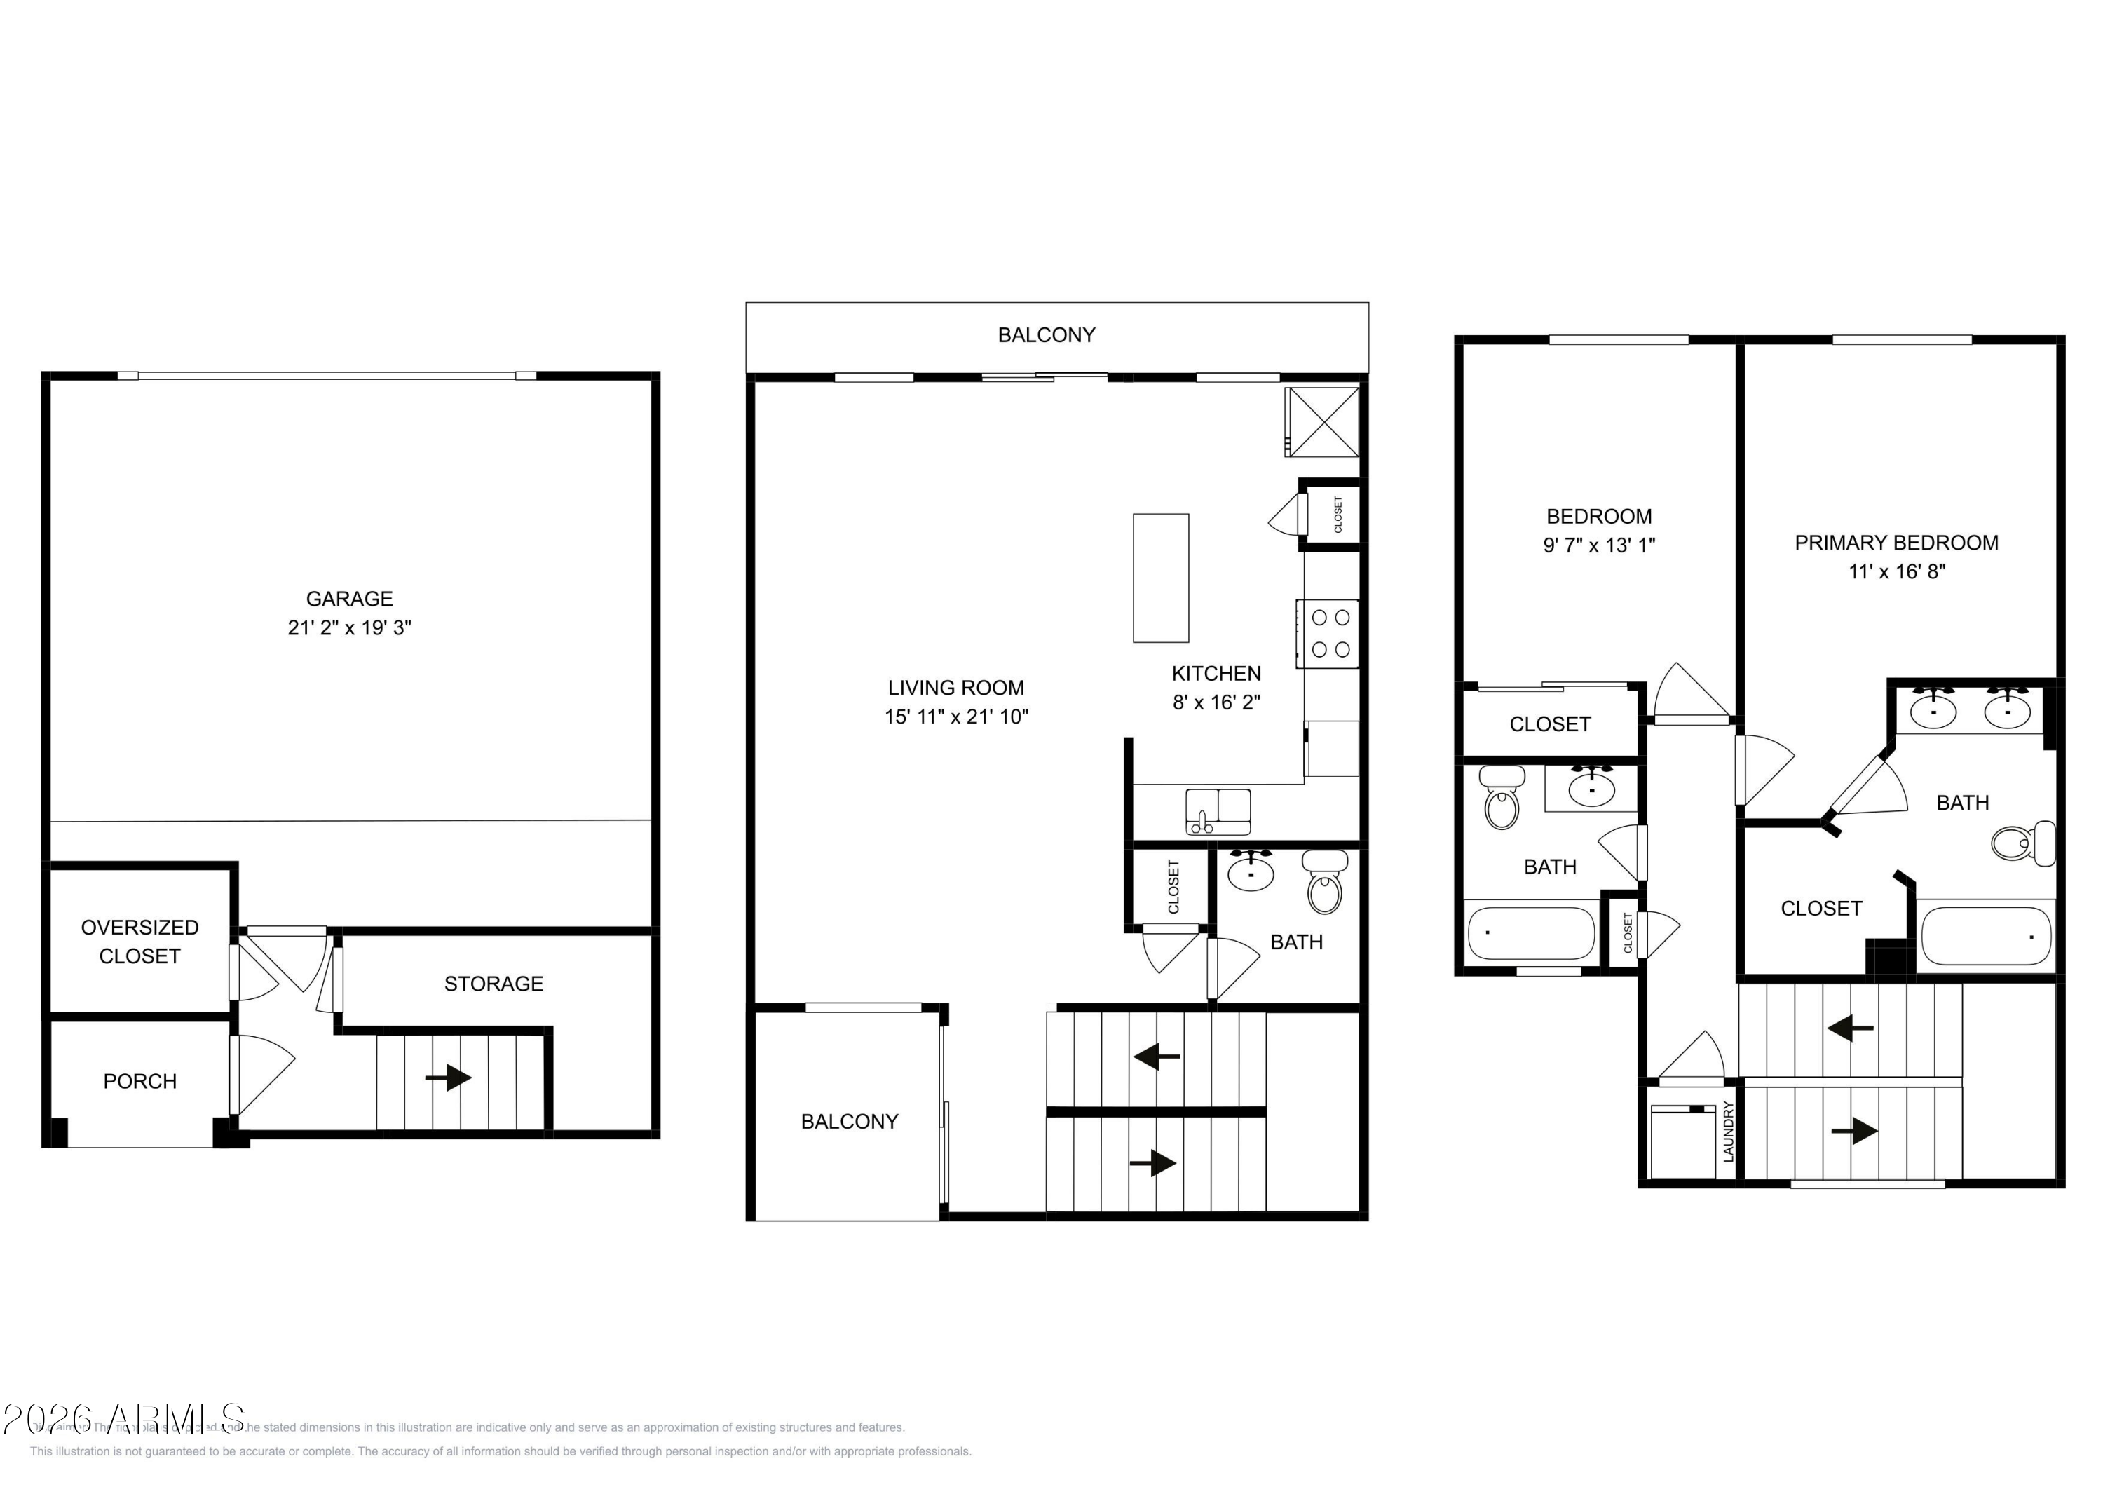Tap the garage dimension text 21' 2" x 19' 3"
pos(349,627)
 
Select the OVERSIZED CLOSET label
pos(139,941)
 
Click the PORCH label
pos(139,1081)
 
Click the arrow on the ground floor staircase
pos(448,1078)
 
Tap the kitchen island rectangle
pos(1160,578)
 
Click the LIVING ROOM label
pos(955,688)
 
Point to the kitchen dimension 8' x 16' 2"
pos(1216,702)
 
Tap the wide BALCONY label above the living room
pos(1046,335)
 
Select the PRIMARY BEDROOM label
pos(1896,543)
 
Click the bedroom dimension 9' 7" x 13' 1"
pos(1598,545)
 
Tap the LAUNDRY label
pos(1729,1132)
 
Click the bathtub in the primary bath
pos(1985,937)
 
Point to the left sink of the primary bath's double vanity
pos(1933,710)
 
